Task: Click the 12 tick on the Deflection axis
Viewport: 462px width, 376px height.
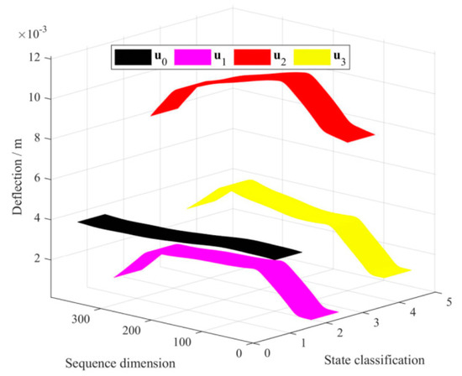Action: pos(35,58)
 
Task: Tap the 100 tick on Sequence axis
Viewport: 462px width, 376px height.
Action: pos(194,341)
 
